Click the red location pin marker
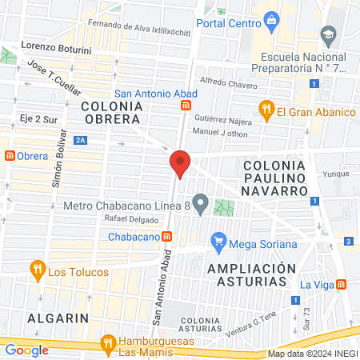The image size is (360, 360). click(180, 162)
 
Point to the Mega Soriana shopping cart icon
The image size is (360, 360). click(217, 241)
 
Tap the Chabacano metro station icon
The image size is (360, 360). click(166, 236)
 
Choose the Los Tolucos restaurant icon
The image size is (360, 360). click(36, 270)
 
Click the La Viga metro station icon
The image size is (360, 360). click(342, 284)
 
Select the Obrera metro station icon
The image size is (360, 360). click(9, 154)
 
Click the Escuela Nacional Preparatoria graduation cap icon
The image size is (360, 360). click(328, 34)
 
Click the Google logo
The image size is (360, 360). click(26, 350)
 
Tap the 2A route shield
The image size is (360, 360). click(80, 140)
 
